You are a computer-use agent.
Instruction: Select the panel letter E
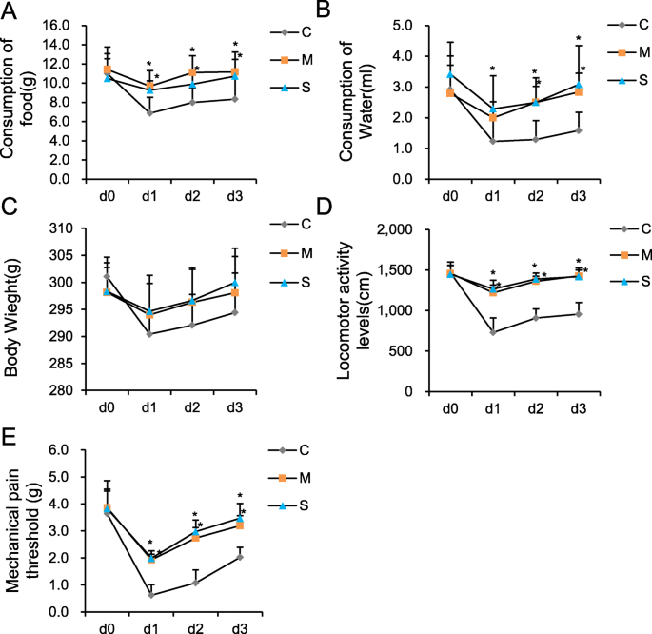tap(10, 437)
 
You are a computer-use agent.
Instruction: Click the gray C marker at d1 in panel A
tap(149, 112)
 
